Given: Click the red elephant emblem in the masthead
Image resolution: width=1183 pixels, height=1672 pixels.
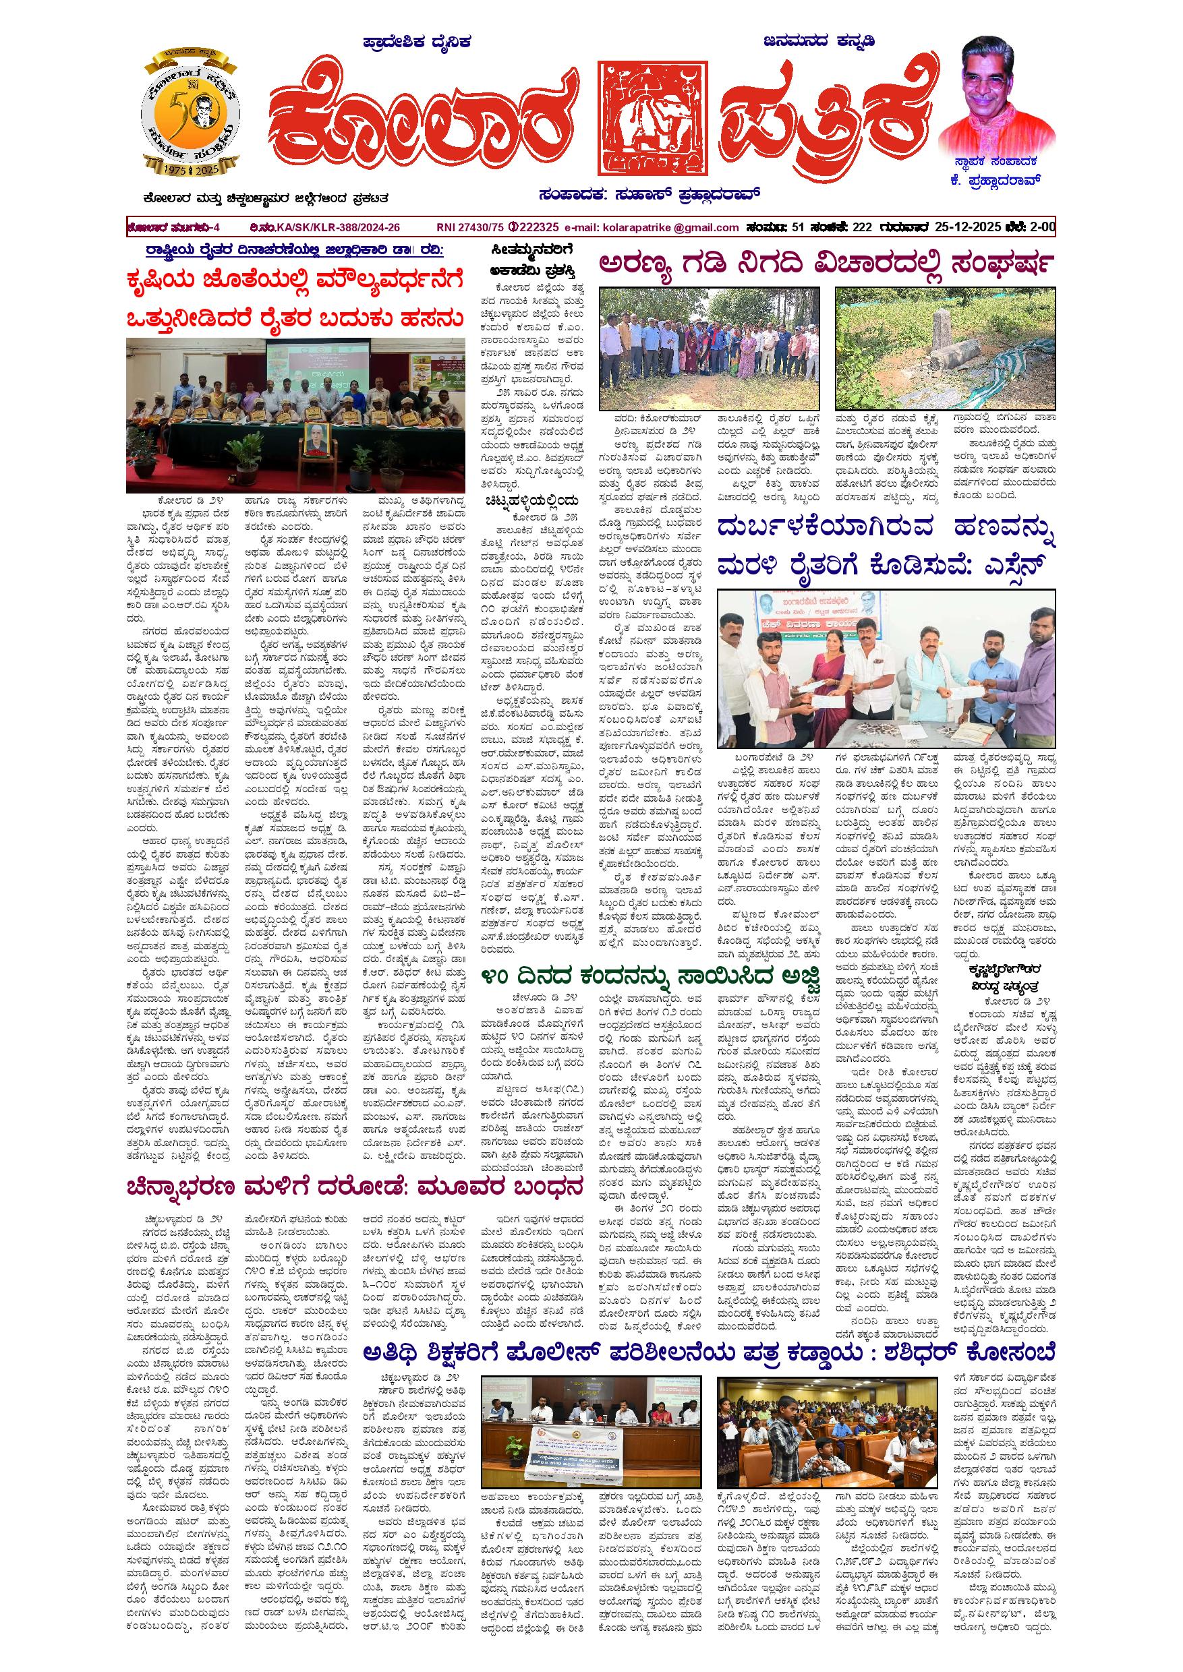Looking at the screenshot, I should [x=652, y=119].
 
